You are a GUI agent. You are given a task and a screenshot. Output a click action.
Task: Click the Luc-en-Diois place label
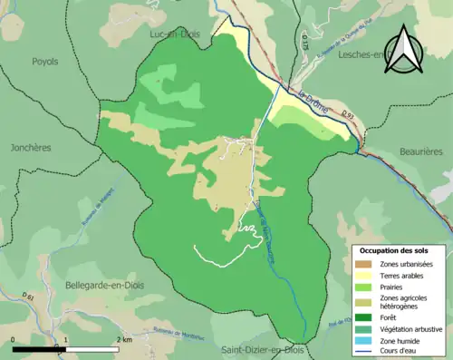coord(176,34)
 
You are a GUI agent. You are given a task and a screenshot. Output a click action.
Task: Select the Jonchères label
coord(31,147)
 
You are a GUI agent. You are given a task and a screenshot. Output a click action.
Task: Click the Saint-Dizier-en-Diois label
coord(263,349)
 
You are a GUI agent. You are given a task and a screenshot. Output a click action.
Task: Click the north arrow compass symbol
coord(404,51)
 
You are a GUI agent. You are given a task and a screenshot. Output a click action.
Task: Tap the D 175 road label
coord(304,39)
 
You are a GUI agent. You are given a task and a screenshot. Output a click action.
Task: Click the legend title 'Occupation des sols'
coord(394,249)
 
